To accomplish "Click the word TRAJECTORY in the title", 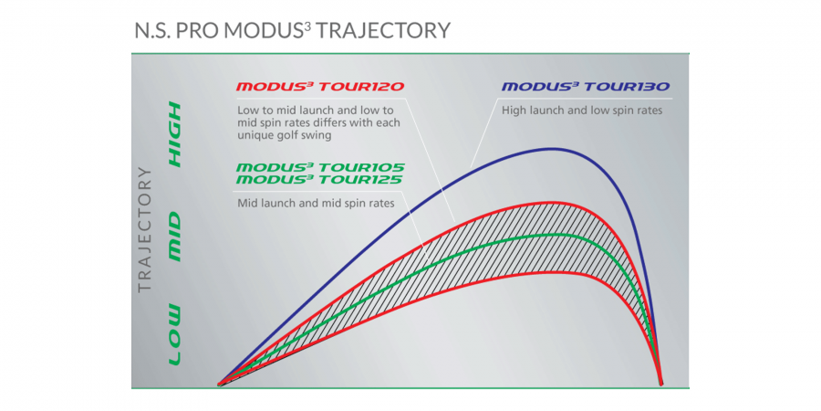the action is coord(383,30).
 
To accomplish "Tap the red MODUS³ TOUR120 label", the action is coord(319,87).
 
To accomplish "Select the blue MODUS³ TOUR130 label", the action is coord(586,87).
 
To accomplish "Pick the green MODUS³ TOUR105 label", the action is coord(320,168).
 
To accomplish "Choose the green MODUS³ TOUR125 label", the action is coord(319,180).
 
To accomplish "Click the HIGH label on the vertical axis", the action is coord(173,134).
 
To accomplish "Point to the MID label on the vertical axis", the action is coord(173,237).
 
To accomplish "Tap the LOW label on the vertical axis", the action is coord(173,334).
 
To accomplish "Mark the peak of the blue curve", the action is coord(554,149).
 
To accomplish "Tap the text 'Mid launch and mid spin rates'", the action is coord(316,203).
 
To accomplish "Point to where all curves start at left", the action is coord(219,385).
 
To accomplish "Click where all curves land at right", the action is coord(661,384).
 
